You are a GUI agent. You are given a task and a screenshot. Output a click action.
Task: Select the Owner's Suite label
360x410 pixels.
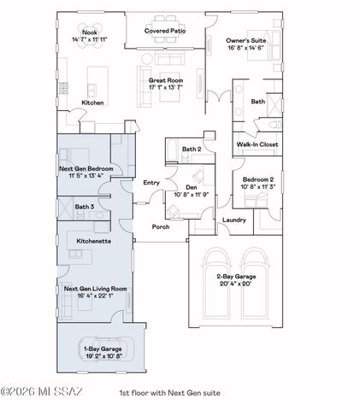click(x=249, y=40)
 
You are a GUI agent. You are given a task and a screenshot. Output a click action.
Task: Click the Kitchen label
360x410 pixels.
click(x=92, y=102)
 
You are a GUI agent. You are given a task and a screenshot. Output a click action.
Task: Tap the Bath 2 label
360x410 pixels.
click(x=192, y=149)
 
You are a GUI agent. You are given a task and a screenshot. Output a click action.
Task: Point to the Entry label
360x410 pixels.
click(x=151, y=182)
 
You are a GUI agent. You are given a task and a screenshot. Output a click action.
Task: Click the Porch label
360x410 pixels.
click(x=160, y=227)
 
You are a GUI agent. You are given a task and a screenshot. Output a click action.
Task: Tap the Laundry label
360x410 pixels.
click(x=233, y=220)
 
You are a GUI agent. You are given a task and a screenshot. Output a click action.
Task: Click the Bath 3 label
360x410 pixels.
click(x=84, y=207)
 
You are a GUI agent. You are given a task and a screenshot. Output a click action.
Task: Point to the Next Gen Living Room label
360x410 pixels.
click(x=96, y=290)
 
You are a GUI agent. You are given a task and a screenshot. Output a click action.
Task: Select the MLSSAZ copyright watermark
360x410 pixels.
click(x=42, y=393)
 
